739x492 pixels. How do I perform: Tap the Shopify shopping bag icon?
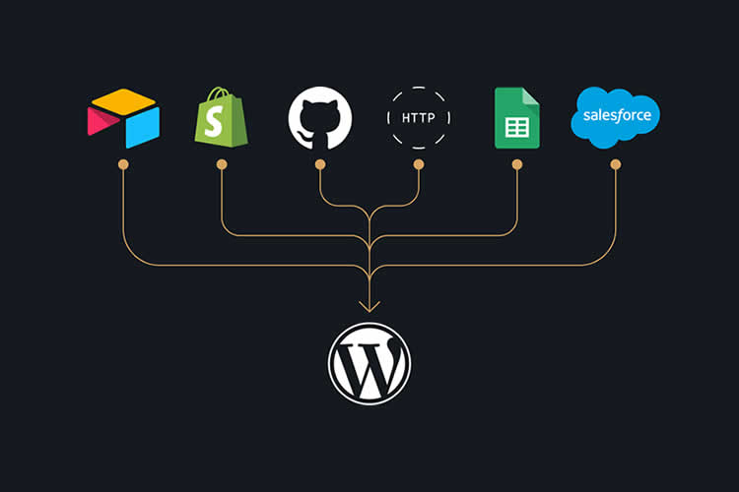222,117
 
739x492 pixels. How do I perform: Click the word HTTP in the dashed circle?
419,118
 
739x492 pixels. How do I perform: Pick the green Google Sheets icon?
517,118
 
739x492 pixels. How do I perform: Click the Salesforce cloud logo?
616,117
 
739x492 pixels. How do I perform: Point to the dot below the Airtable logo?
123,163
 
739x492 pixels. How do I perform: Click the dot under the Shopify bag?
222,163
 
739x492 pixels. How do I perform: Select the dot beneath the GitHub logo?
320,163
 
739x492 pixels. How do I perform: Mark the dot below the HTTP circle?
419,163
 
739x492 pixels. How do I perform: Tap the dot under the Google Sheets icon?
517,163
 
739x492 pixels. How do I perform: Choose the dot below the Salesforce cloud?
616,163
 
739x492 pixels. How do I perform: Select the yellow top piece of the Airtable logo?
123,100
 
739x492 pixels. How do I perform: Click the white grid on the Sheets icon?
517,126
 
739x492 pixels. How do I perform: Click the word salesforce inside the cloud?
616,115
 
